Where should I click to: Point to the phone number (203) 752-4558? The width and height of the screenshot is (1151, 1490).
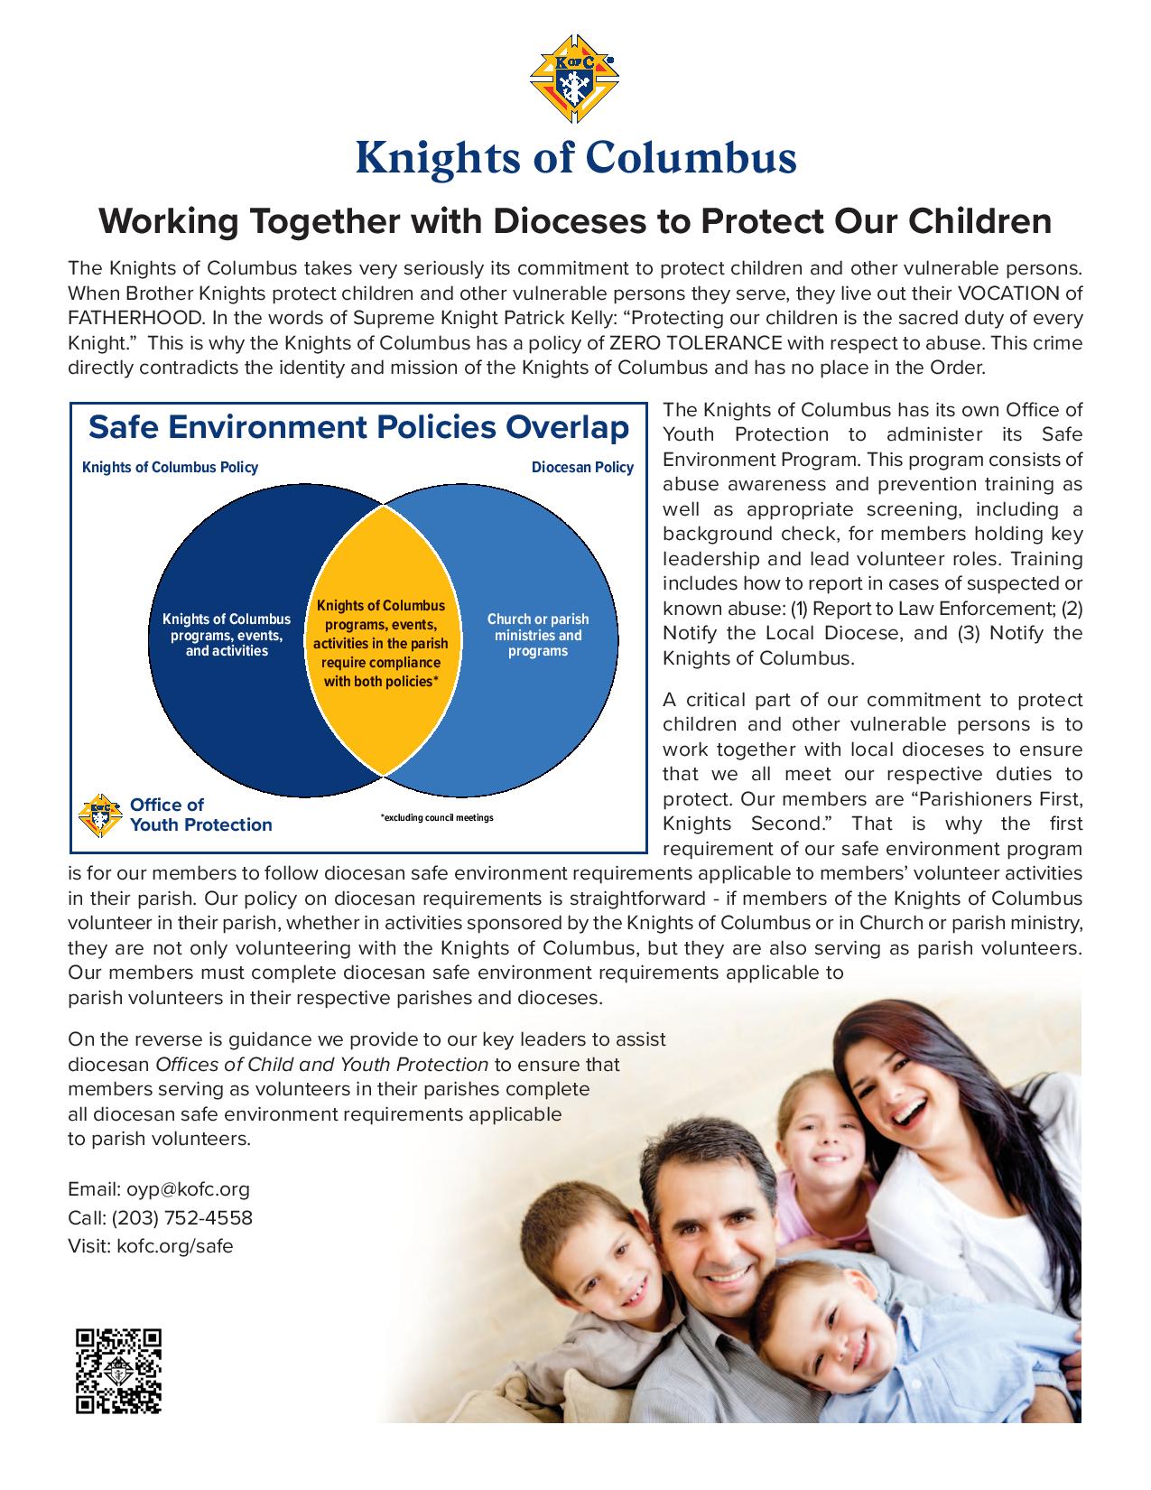click(182, 1217)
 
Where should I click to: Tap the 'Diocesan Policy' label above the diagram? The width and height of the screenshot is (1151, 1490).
click(582, 468)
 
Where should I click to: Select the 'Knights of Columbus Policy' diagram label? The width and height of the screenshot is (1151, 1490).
click(170, 468)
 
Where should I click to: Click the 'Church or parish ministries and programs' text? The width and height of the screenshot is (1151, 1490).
click(538, 635)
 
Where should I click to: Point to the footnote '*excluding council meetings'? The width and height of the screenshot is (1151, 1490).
click(437, 817)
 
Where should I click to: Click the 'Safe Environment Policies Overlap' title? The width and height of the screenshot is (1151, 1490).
click(358, 427)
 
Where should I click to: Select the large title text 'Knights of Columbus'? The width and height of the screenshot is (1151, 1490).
click(575, 157)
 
